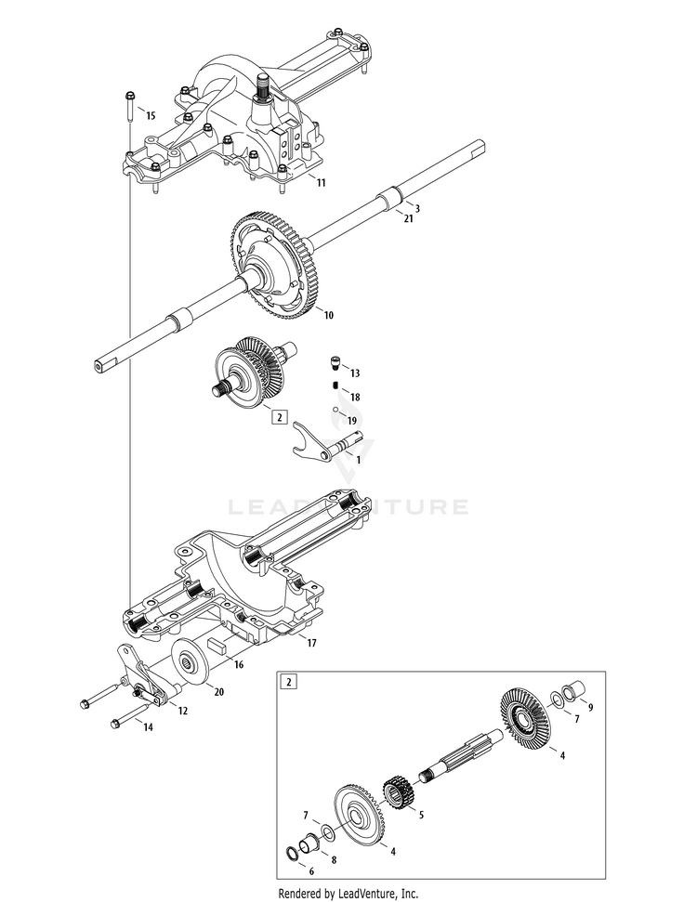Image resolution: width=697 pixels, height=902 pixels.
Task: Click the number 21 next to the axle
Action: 408,219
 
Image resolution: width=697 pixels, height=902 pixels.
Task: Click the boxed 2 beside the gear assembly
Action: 279,417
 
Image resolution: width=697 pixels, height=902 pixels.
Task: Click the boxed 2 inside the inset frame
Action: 289,681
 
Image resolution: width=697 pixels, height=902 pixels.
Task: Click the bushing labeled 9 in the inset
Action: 573,693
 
